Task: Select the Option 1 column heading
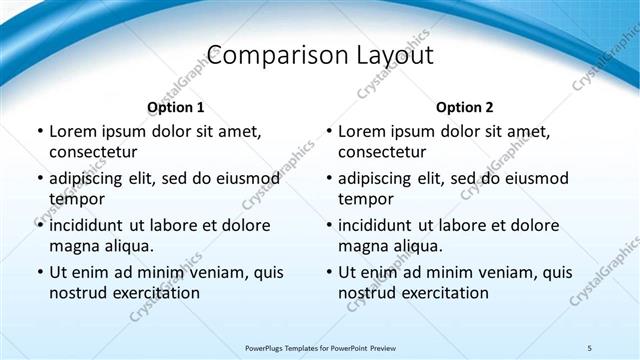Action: coord(176,107)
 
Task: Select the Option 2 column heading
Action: coord(464,107)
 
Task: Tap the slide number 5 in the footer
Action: coord(589,347)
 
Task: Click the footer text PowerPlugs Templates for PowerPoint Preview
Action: coord(320,347)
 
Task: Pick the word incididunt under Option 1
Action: coord(92,225)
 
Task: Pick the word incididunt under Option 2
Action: coord(381,225)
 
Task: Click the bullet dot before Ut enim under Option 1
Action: coord(39,272)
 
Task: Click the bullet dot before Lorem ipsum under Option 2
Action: coord(328,131)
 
